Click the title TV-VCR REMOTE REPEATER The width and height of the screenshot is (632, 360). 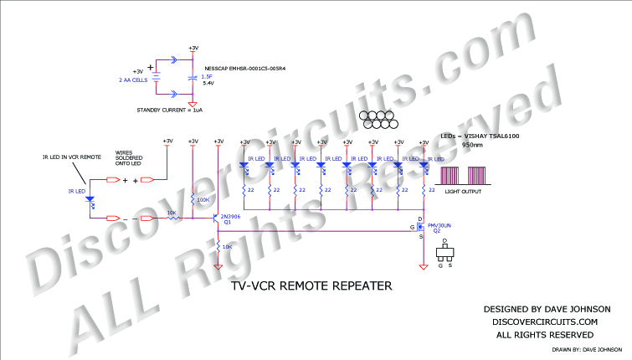311,285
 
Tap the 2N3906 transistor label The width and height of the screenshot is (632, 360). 230,216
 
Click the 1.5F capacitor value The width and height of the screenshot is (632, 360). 206,77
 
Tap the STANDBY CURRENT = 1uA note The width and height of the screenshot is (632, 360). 170,110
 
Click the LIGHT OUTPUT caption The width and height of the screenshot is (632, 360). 464,192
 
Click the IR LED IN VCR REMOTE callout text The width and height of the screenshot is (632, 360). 72,157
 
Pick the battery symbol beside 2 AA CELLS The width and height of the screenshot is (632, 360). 157,78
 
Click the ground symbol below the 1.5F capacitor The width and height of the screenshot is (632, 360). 194,105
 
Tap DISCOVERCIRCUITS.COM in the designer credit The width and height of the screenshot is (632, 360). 545,321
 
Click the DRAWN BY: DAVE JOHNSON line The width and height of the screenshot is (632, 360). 586,349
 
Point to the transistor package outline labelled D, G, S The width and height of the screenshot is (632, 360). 447,255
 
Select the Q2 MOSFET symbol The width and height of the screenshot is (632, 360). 421,226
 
